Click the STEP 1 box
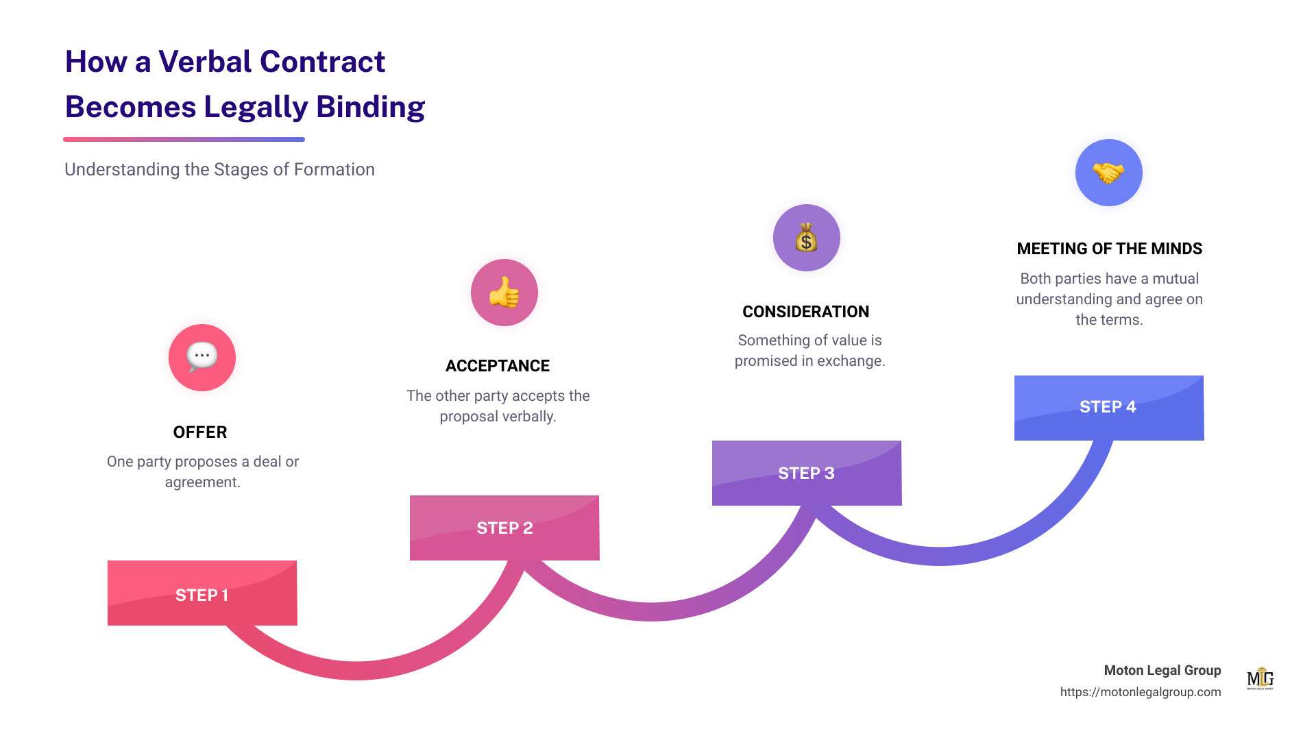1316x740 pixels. (x=202, y=593)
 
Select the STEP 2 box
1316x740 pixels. (x=504, y=528)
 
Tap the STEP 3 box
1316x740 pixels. (x=807, y=473)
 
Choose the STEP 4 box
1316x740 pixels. (x=1109, y=408)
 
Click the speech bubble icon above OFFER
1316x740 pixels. (x=202, y=357)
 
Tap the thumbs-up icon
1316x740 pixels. (x=504, y=293)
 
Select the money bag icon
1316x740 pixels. (x=807, y=238)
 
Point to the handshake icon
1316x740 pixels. (x=1109, y=173)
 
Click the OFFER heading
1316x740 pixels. (x=200, y=432)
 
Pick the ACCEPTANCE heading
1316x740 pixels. (x=498, y=366)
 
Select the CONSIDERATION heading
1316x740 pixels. (x=806, y=312)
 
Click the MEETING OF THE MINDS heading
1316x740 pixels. (x=1110, y=249)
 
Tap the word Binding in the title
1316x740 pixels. (x=371, y=108)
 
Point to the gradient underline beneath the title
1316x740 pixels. (x=184, y=140)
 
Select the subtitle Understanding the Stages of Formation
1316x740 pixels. (x=219, y=170)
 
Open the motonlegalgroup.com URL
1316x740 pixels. (x=1141, y=692)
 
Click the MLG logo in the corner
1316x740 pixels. (x=1260, y=678)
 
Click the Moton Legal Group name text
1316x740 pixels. (x=1162, y=671)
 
